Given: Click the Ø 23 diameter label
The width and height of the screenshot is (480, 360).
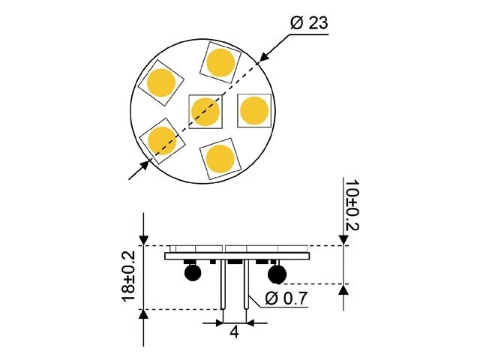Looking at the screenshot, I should [x=308, y=23].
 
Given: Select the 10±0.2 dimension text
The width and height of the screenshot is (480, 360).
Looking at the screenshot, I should [x=351, y=204].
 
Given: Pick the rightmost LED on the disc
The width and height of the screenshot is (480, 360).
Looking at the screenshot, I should [x=253, y=111].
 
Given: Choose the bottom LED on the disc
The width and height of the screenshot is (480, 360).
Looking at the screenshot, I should [x=220, y=158].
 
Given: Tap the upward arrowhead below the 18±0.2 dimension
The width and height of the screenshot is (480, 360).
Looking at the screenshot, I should [x=143, y=316].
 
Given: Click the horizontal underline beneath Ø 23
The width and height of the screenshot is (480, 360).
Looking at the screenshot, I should [x=308, y=33].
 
